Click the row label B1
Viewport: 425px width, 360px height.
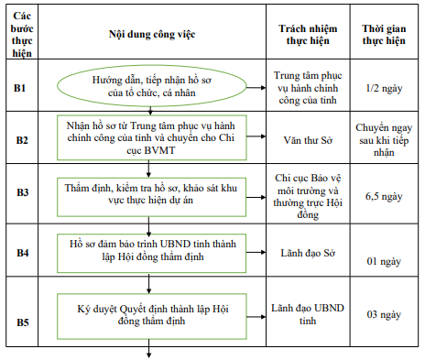tap(22, 88)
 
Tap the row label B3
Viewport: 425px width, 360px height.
tap(22, 192)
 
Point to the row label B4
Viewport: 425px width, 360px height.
tap(22, 250)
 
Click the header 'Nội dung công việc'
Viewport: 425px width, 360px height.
tap(148, 33)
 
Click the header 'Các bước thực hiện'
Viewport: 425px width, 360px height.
tap(22, 34)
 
